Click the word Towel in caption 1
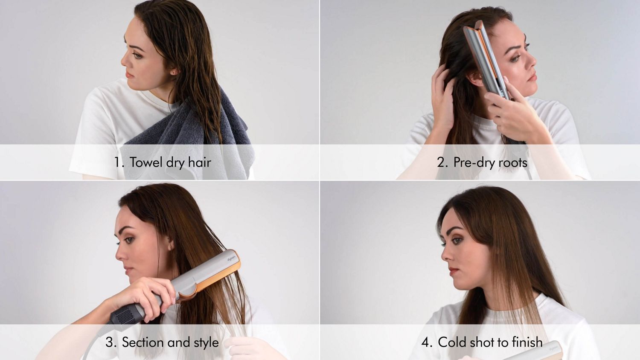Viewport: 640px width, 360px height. click(146, 163)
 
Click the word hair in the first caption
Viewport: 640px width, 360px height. click(200, 163)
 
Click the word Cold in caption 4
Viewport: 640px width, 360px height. click(451, 342)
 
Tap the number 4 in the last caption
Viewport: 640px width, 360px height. click(427, 342)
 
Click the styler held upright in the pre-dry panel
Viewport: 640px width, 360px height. click(486, 60)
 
